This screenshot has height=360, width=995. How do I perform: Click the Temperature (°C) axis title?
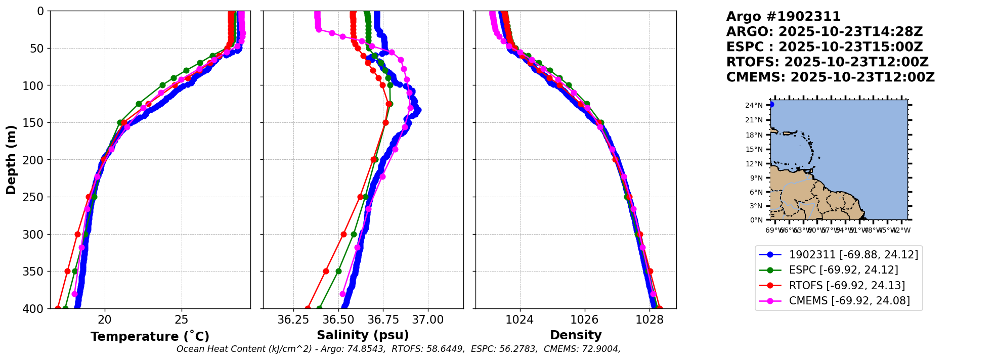click(150, 337)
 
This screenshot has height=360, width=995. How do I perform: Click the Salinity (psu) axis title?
click(363, 335)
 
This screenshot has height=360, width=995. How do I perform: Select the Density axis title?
click(576, 335)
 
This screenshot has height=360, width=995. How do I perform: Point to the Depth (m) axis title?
click(11, 160)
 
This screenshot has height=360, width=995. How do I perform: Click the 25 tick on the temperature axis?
click(182, 320)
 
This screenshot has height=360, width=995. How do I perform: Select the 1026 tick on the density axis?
click(585, 320)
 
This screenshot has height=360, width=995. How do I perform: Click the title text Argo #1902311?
click(783, 17)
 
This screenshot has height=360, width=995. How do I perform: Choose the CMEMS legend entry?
click(849, 301)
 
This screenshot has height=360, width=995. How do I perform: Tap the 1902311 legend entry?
click(853, 255)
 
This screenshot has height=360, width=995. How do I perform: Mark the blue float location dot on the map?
click(771, 105)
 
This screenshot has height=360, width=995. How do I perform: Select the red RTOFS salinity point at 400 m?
click(308, 308)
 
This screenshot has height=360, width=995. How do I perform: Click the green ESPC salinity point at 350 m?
click(338, 271)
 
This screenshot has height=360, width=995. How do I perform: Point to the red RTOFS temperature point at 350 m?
click(67, 271)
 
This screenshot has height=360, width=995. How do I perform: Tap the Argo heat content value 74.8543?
click(364, 349)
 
